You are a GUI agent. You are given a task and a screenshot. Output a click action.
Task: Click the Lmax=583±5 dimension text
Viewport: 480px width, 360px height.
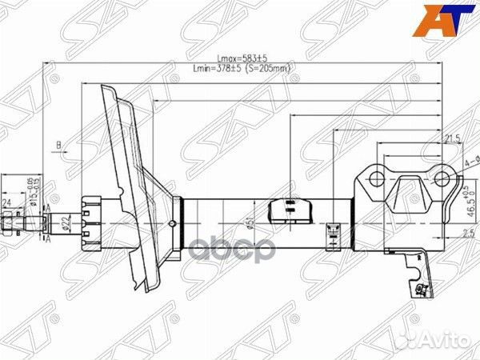point(243,58)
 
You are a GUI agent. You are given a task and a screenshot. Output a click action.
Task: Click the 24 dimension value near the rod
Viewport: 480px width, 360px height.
point(7,202)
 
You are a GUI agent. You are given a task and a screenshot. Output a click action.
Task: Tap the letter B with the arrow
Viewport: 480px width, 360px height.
point(58,146)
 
